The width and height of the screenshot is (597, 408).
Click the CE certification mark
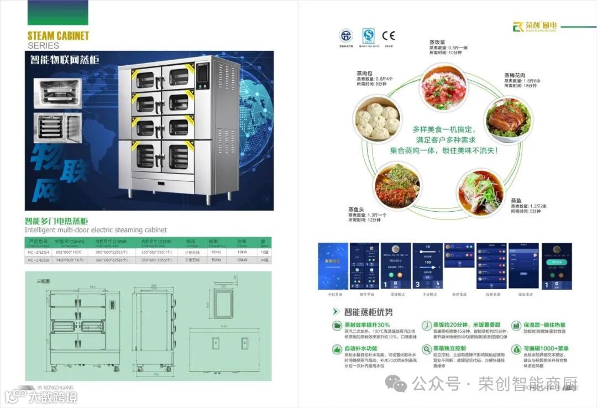389,36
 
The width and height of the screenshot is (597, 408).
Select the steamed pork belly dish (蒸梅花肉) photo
508,119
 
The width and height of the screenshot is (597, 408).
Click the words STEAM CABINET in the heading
58,36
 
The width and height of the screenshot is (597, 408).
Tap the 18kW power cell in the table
242,252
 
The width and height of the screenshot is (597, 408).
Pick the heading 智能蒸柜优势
369,312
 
